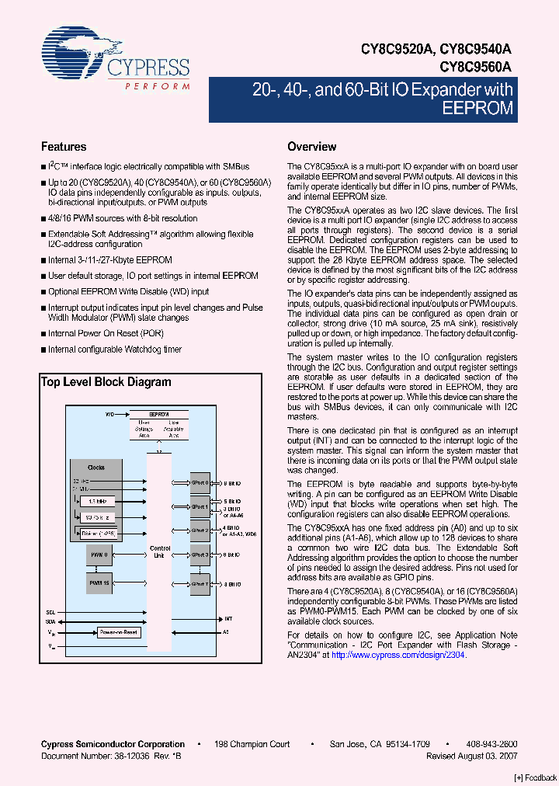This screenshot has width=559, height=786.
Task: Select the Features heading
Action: [x=64, y=147]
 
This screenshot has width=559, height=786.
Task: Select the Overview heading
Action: [x=312, y=147]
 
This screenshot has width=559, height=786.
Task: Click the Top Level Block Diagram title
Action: [x=106, y=382]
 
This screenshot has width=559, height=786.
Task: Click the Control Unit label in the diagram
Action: [x=160, y=551]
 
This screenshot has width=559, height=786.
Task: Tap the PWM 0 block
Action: [x=99, y=555]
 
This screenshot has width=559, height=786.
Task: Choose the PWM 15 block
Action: [x=99, y=583]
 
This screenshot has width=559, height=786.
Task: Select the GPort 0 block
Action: [x=200, y=483]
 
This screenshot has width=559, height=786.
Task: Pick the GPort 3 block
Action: [x=200, y=555]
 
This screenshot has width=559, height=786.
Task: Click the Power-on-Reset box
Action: [x=118, y=632]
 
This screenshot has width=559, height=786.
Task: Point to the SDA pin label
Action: [x=51, y=621]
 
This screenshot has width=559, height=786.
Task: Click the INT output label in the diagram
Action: [x=228, y=619]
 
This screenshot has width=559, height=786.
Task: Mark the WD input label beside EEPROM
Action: [x=109, y=416]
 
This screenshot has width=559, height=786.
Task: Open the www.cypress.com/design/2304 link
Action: [x=399, y=655]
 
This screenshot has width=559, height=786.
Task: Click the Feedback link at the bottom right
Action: [x=536, y=777]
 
